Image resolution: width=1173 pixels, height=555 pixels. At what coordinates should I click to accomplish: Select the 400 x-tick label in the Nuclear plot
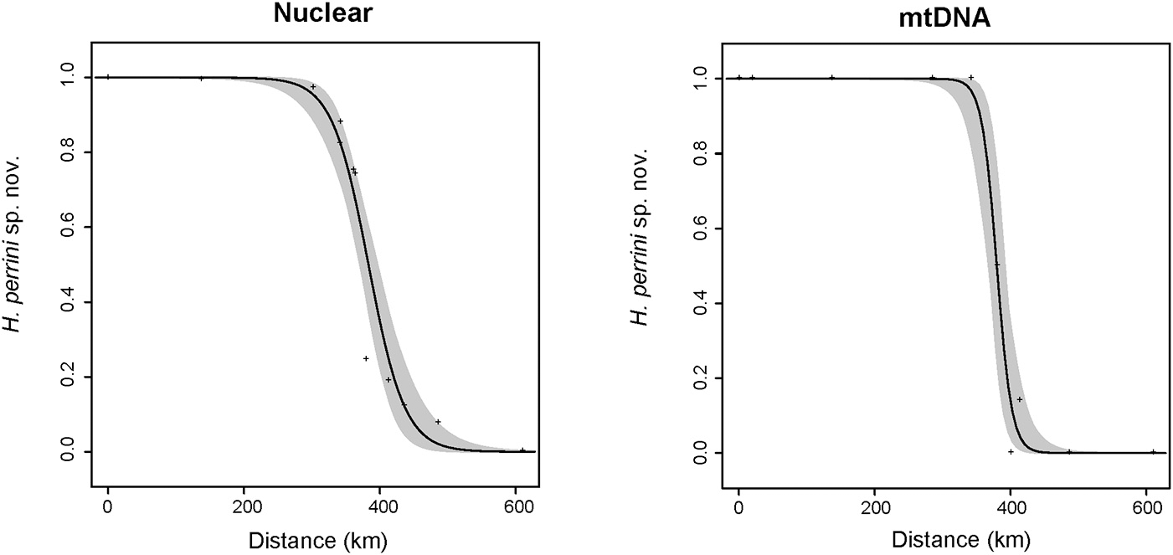coord(380,507)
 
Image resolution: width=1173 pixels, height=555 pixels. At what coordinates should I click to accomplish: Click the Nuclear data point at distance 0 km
coord(108,77)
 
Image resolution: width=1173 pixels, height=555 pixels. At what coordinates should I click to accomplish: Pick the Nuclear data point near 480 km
coord(438,422)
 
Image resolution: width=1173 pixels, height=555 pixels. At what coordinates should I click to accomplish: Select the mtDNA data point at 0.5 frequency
coord(997,265)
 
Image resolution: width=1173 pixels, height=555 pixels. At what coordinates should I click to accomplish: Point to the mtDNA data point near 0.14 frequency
coord(1020,399)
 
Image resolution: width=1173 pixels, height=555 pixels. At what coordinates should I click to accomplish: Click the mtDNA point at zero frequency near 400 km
coord(1011,452)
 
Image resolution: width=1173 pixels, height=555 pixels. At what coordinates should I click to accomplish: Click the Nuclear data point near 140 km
coord(201,79)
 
